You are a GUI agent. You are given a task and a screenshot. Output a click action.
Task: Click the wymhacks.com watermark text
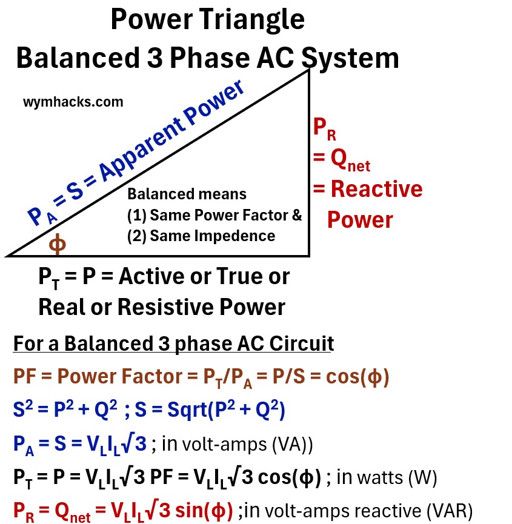[73, 102]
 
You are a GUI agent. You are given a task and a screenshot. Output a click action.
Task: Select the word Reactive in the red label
[376, 189]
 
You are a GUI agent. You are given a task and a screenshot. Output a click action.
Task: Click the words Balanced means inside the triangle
[187, 194]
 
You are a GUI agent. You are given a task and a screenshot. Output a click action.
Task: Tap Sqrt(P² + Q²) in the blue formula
[231, 411]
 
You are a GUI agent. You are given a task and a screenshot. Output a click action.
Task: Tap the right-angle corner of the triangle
[309, 255]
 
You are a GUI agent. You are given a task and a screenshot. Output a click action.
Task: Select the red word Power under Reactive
[360, 219]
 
